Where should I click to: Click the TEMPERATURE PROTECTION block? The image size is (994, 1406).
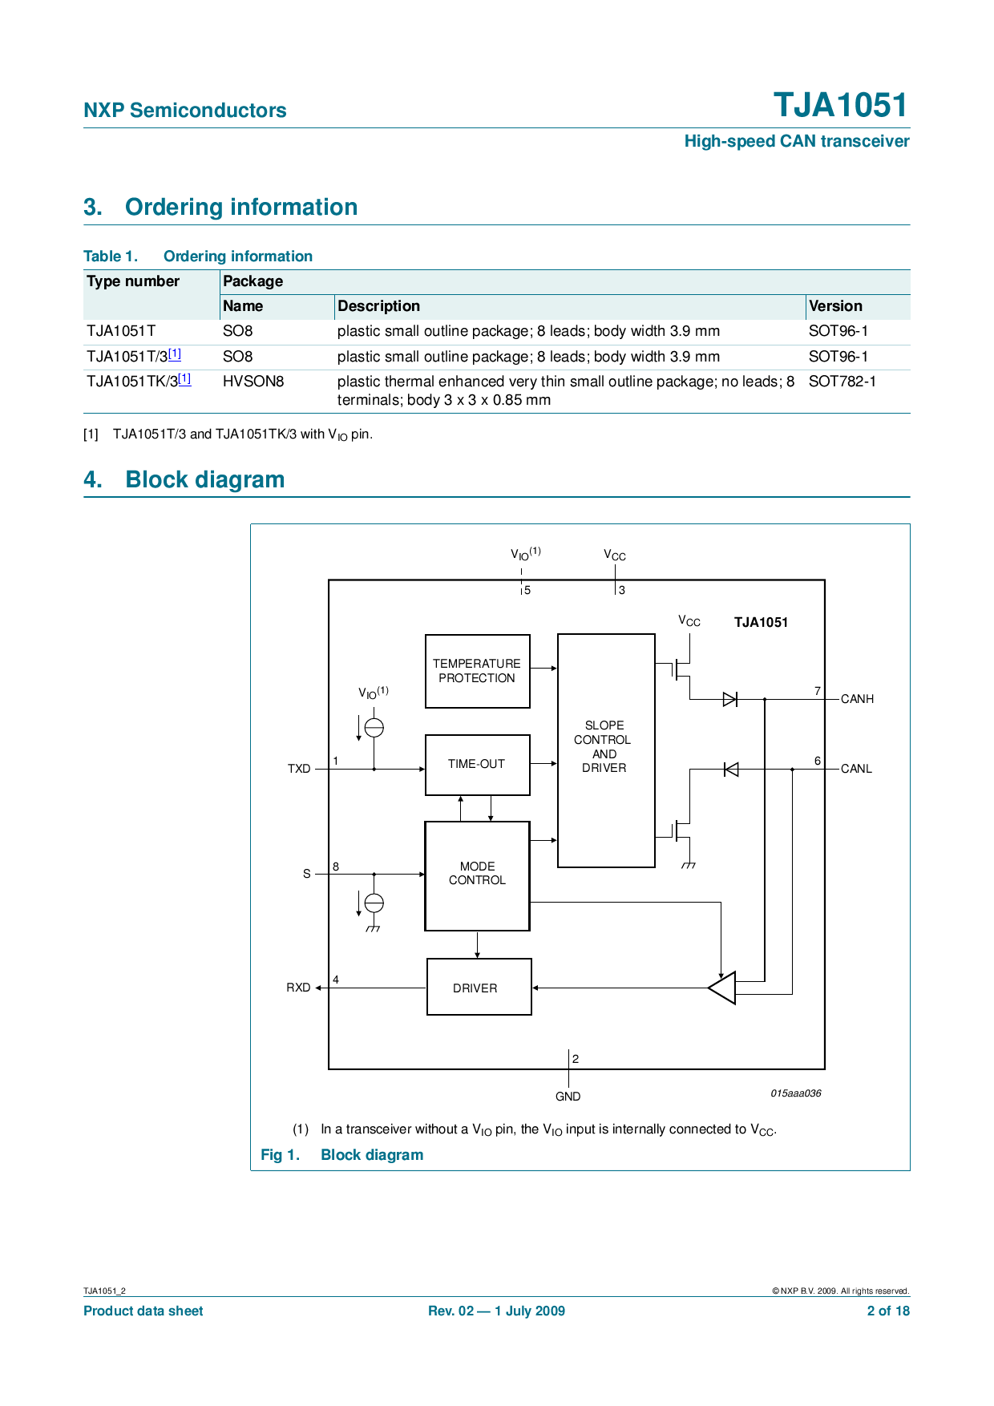(x=477, y=671)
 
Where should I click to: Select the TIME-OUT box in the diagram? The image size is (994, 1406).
(x=477, y=765)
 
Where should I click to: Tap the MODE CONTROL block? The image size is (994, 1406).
(x=477, y=875)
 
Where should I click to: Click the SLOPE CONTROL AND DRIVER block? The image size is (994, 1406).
(x=606, y=750)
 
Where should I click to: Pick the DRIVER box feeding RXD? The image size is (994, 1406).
(x=479, y=987)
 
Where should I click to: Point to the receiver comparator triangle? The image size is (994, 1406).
(x=722, y=988)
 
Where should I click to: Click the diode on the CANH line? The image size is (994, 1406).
(x=730, y=699)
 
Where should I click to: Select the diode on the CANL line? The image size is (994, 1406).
(x=730, y=770)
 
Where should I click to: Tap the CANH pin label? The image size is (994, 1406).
(x=857, y=699)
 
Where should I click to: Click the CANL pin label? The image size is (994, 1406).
(x=856, y=769)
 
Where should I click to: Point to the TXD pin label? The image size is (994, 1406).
(x=299, y=769)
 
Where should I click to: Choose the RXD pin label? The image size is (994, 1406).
(x=298, y=988)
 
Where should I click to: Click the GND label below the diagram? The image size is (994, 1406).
(x=568, y=1097)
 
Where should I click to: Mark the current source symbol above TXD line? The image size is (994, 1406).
(x=374, y=727)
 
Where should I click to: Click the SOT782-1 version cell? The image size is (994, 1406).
(x=842, y=382)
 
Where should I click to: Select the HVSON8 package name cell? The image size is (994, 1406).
(x=253, y=382)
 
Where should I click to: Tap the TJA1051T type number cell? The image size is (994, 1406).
(x=121, y=331)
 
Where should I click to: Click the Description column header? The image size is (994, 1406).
(x=378, y=306)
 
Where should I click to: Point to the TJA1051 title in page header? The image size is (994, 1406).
(x=841, y=105)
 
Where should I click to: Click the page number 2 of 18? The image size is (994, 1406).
(x=888, y=1311)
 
